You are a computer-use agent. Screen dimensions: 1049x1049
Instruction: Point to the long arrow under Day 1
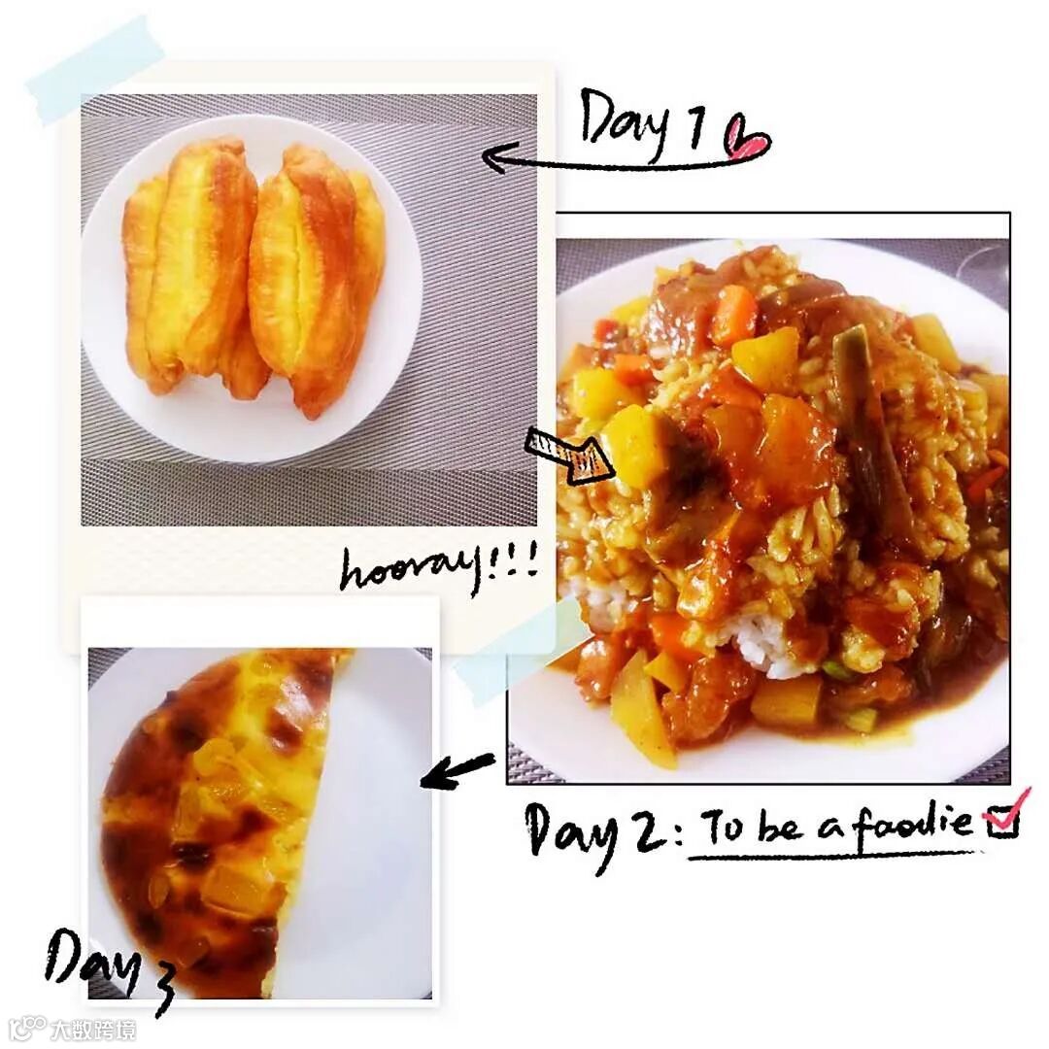tap(605, 160)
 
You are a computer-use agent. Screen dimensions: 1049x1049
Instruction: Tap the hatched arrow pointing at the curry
tap(570, 455)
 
